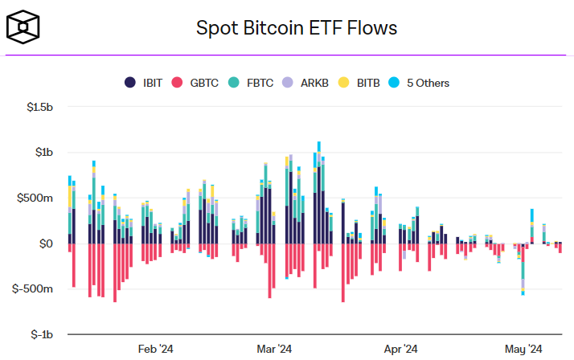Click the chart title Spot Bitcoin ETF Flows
pos(297,28)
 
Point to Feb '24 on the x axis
pos(155,349)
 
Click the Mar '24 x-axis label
pos(274,349)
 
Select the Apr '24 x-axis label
pos(400,349)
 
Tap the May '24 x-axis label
pos(523,349)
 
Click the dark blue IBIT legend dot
pos(130,83)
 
